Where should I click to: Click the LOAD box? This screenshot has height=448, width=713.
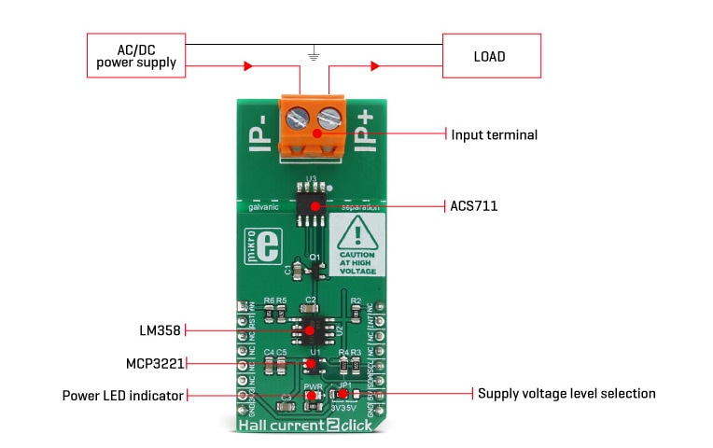(x=490, y=56)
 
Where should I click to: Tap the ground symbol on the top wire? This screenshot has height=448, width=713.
(x=315, y=55)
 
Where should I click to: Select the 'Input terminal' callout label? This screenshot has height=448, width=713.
(x=494, y=134)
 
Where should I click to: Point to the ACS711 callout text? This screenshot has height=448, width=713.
(x=472, y=205)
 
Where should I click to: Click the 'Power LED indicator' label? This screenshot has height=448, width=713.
(x=122, y=395)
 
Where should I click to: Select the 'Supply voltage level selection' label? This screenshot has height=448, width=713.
(x=566, y=394)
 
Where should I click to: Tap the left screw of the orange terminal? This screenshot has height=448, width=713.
(x=300, y=119)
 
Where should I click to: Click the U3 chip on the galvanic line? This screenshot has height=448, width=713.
(x=313, y=205)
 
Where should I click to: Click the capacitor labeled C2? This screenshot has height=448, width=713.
(x=312, y=309)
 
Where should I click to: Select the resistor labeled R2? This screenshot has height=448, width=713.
(x=356, y=310)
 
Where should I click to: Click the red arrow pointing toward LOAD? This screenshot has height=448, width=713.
(x=375, y=66)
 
